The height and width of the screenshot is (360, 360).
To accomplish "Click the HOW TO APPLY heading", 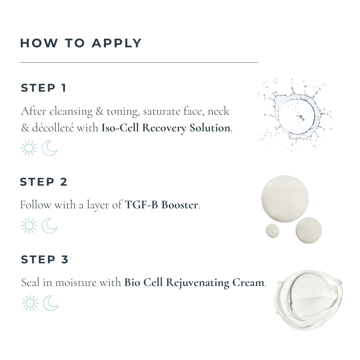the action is pos(81,43).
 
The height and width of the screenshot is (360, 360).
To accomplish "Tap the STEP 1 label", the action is pos(44,88).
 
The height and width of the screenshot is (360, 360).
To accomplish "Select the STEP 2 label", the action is pos(43,182).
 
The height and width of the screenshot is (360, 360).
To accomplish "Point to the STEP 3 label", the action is pos(45,260).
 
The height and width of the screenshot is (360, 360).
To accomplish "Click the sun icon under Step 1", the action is pos(29,148).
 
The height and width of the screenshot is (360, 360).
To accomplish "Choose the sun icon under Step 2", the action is pos(29,226).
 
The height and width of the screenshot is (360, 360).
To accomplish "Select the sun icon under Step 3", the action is pos(30,303).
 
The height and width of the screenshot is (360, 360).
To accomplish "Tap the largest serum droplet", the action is pos(285,199).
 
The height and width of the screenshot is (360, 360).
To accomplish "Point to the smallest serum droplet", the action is pos(273,231).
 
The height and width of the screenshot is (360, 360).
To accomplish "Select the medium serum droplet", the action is pos(309,230).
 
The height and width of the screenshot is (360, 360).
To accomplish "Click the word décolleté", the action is pos(53,128).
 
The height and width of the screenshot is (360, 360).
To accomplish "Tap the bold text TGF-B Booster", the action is pos(161,205).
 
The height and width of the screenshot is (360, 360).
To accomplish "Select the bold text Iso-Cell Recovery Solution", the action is pos(166,128).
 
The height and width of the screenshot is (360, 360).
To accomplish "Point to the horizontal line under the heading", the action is pos(139,62).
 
